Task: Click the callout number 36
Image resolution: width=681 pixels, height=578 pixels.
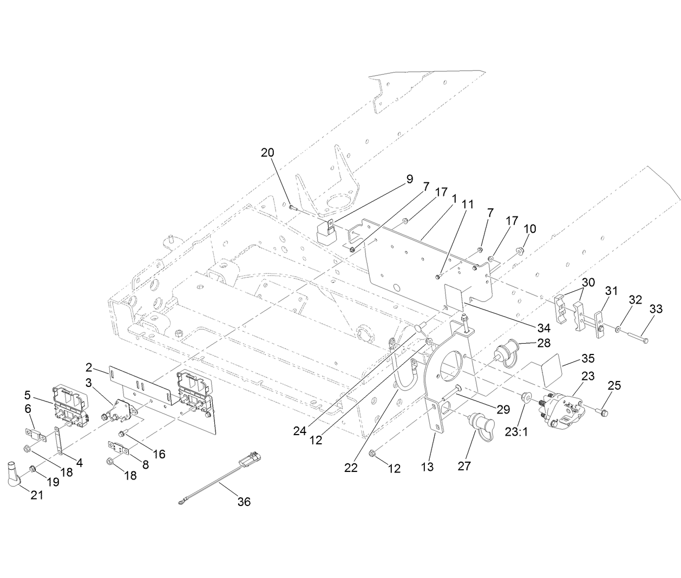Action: point(244,502)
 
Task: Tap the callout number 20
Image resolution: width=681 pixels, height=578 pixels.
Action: point(267,153)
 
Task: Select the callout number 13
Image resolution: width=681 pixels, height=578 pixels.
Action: point(427,467)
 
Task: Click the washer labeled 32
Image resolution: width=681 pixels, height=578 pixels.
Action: point(619,330)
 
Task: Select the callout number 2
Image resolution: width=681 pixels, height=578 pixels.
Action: point(88,368)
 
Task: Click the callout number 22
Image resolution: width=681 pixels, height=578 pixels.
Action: point(351,468)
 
